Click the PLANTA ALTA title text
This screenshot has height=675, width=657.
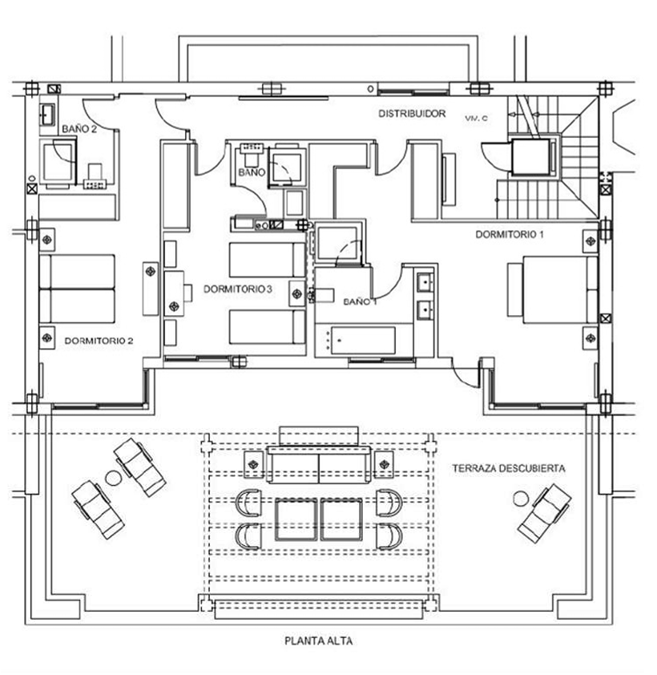click(x=318, y=641)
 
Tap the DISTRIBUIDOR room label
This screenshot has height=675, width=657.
click(x=412, y=114)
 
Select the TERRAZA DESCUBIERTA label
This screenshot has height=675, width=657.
click(x=509, y=468)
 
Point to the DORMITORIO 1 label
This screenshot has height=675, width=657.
click(x=510, y=235)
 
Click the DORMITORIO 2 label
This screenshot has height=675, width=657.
click(x=99, y=341)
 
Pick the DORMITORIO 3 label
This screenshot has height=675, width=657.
click(x=237, y=289)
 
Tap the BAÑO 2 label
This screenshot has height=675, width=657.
click(x=79, y=129)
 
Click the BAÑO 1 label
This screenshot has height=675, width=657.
click(x=360, y=301)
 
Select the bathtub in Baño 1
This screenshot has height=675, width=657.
click(x=363, y=341)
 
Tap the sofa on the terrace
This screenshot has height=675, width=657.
click(x=318, y=465)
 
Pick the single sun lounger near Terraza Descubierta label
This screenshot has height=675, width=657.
click(x=544, y=513)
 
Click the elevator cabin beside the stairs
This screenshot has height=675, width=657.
click(x=531, y=156)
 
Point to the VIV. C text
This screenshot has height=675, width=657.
click(x=476, y=118)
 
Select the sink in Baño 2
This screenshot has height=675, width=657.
click(x=47, y=115)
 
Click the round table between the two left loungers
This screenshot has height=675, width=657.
click(x=113, y=478)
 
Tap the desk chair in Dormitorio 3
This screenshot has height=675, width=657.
click(x=188, y=293)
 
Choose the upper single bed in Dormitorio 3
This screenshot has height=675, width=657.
click(x=267, y=260)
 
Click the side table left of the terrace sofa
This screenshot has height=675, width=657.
click(x=254, y=464)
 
